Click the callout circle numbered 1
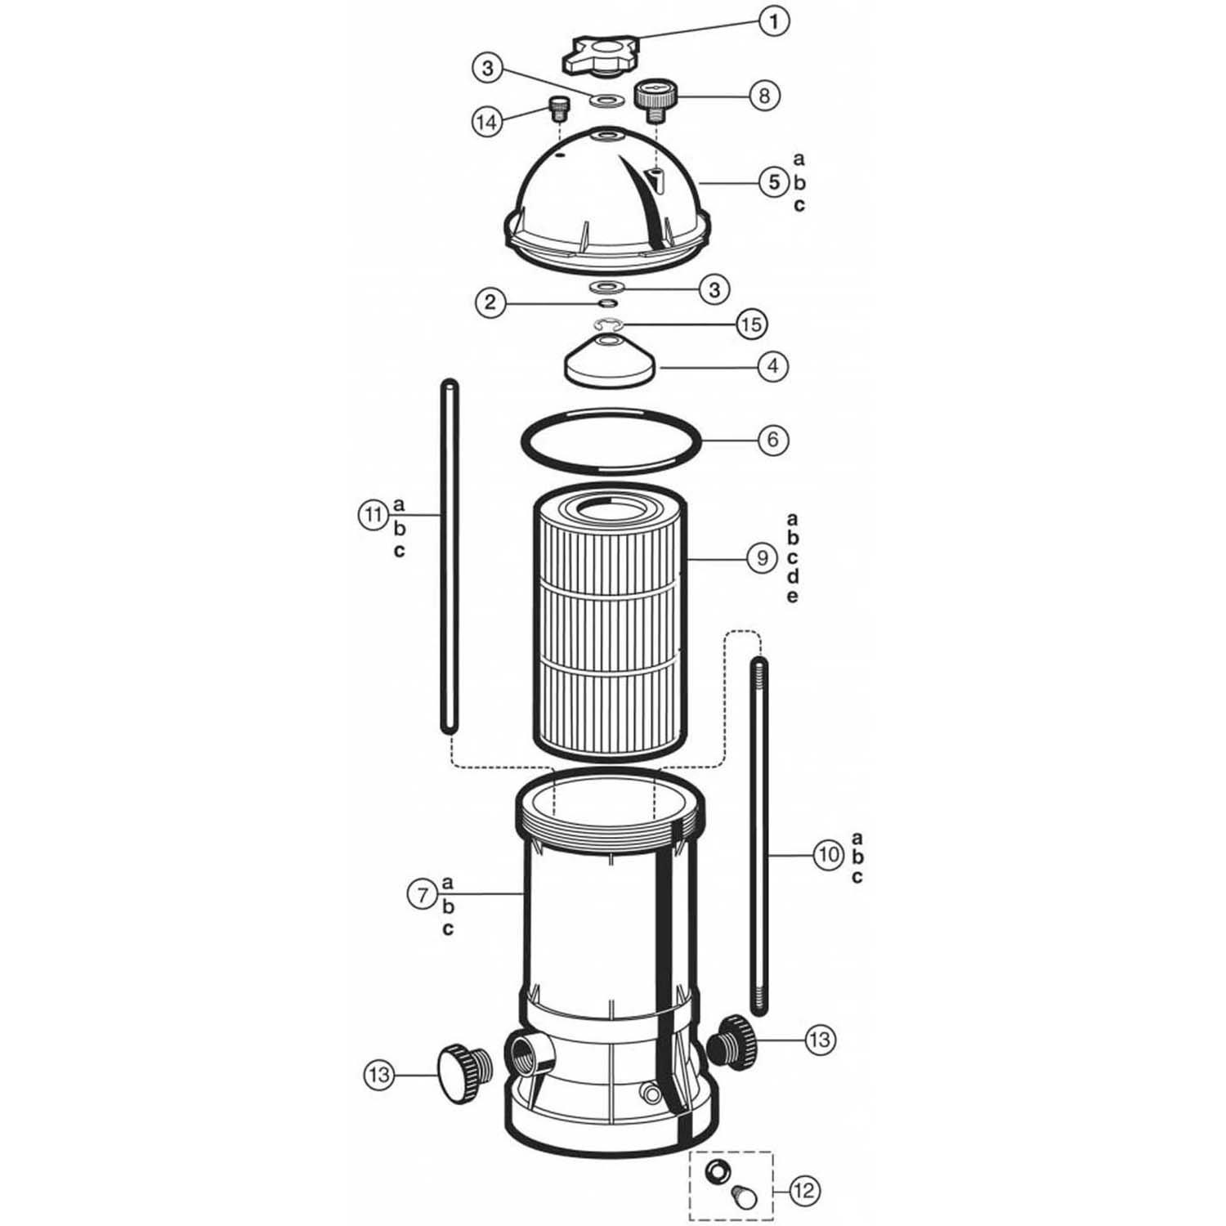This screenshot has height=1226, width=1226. click(x=773, y=21)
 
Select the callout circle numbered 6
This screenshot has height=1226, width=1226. click(x=772, y=440)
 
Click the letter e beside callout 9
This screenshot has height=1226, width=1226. click(x=792, y=596)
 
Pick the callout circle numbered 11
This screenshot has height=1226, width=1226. click(x=374, y=515)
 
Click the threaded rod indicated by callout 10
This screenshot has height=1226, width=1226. click(x=758, y=834)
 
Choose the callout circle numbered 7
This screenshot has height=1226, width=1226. click(x=423, y=895)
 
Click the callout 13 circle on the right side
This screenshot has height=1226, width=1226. click(x=819, y=1039)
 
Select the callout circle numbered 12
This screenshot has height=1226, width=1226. click(x=804, y=1190)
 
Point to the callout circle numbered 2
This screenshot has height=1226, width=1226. click(x=490, y=303)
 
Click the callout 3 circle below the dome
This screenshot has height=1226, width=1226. click(x=714, y=289)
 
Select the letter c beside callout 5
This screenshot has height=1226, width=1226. click(x=799, y=205)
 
